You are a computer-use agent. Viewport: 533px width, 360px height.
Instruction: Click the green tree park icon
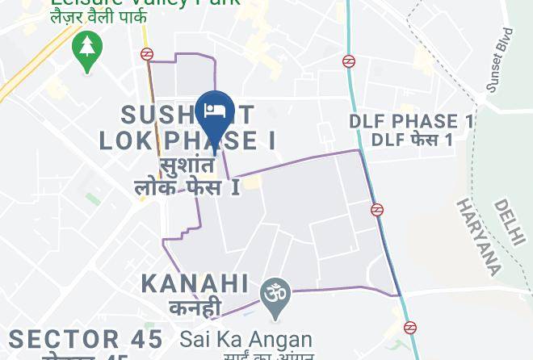(85, 48)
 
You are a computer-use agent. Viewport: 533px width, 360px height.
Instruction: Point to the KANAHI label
(195, 283)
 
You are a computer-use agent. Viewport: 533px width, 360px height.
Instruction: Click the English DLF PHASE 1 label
(411, 122)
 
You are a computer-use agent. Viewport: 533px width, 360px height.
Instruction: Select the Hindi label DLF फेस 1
(411, 140)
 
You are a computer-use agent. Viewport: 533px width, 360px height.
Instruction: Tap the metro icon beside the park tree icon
(146, 54)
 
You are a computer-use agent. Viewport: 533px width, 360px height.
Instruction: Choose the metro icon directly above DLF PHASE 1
(349, 61)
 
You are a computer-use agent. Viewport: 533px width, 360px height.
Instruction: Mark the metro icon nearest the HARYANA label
(376, 210)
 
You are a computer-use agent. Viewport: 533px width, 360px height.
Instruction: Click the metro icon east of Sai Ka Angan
(410, 327)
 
